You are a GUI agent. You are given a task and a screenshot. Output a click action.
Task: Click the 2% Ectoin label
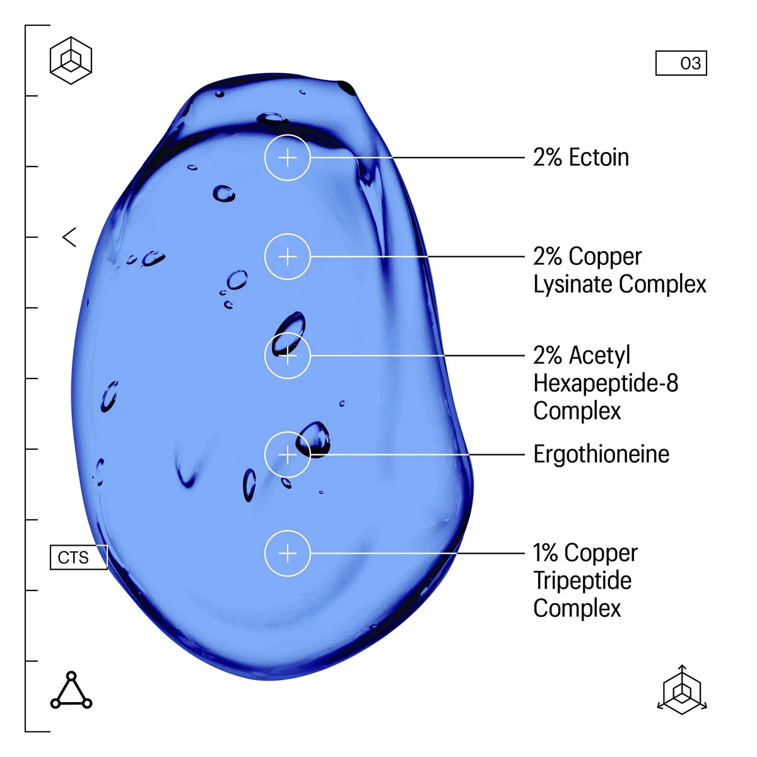click(x=580, y=158)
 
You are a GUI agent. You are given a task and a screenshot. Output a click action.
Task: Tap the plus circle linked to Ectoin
click(x=287, y=158)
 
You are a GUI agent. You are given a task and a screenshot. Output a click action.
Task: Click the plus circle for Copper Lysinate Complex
click(x=287, y=257)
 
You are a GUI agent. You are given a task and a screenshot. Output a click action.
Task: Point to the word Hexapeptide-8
click(x=606, y=384)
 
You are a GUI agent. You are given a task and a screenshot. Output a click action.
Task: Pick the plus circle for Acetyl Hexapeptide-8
click(x=287, y=356)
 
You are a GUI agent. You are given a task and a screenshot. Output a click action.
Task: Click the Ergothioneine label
click(x=601, y=454)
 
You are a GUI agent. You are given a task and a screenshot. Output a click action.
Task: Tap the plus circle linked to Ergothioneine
click(x=287, y=454)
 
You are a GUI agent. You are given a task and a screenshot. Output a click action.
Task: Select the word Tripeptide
click(x=582, y=582)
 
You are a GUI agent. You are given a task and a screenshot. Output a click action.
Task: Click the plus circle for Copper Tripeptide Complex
click(x=287, y=553)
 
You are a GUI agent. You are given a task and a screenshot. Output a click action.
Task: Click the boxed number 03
click(x=681, y=63)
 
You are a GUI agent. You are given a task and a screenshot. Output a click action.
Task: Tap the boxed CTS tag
click(x=79, y=557)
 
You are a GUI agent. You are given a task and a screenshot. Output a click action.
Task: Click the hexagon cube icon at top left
click(x=71, y=61)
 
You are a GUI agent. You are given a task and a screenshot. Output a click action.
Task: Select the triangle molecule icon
click(x=71, y=690)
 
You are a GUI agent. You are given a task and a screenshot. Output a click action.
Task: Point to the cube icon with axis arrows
click(x=682, y=690)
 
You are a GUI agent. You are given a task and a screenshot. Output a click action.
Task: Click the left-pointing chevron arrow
click(x=69, y=237)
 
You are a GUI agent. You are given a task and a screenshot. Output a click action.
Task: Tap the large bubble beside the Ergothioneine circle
click(x=313, y=440)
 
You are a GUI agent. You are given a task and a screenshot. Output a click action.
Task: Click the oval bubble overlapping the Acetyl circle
click(x=288, y=334)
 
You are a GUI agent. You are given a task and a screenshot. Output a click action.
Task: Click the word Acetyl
click(x=600, y=356)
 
